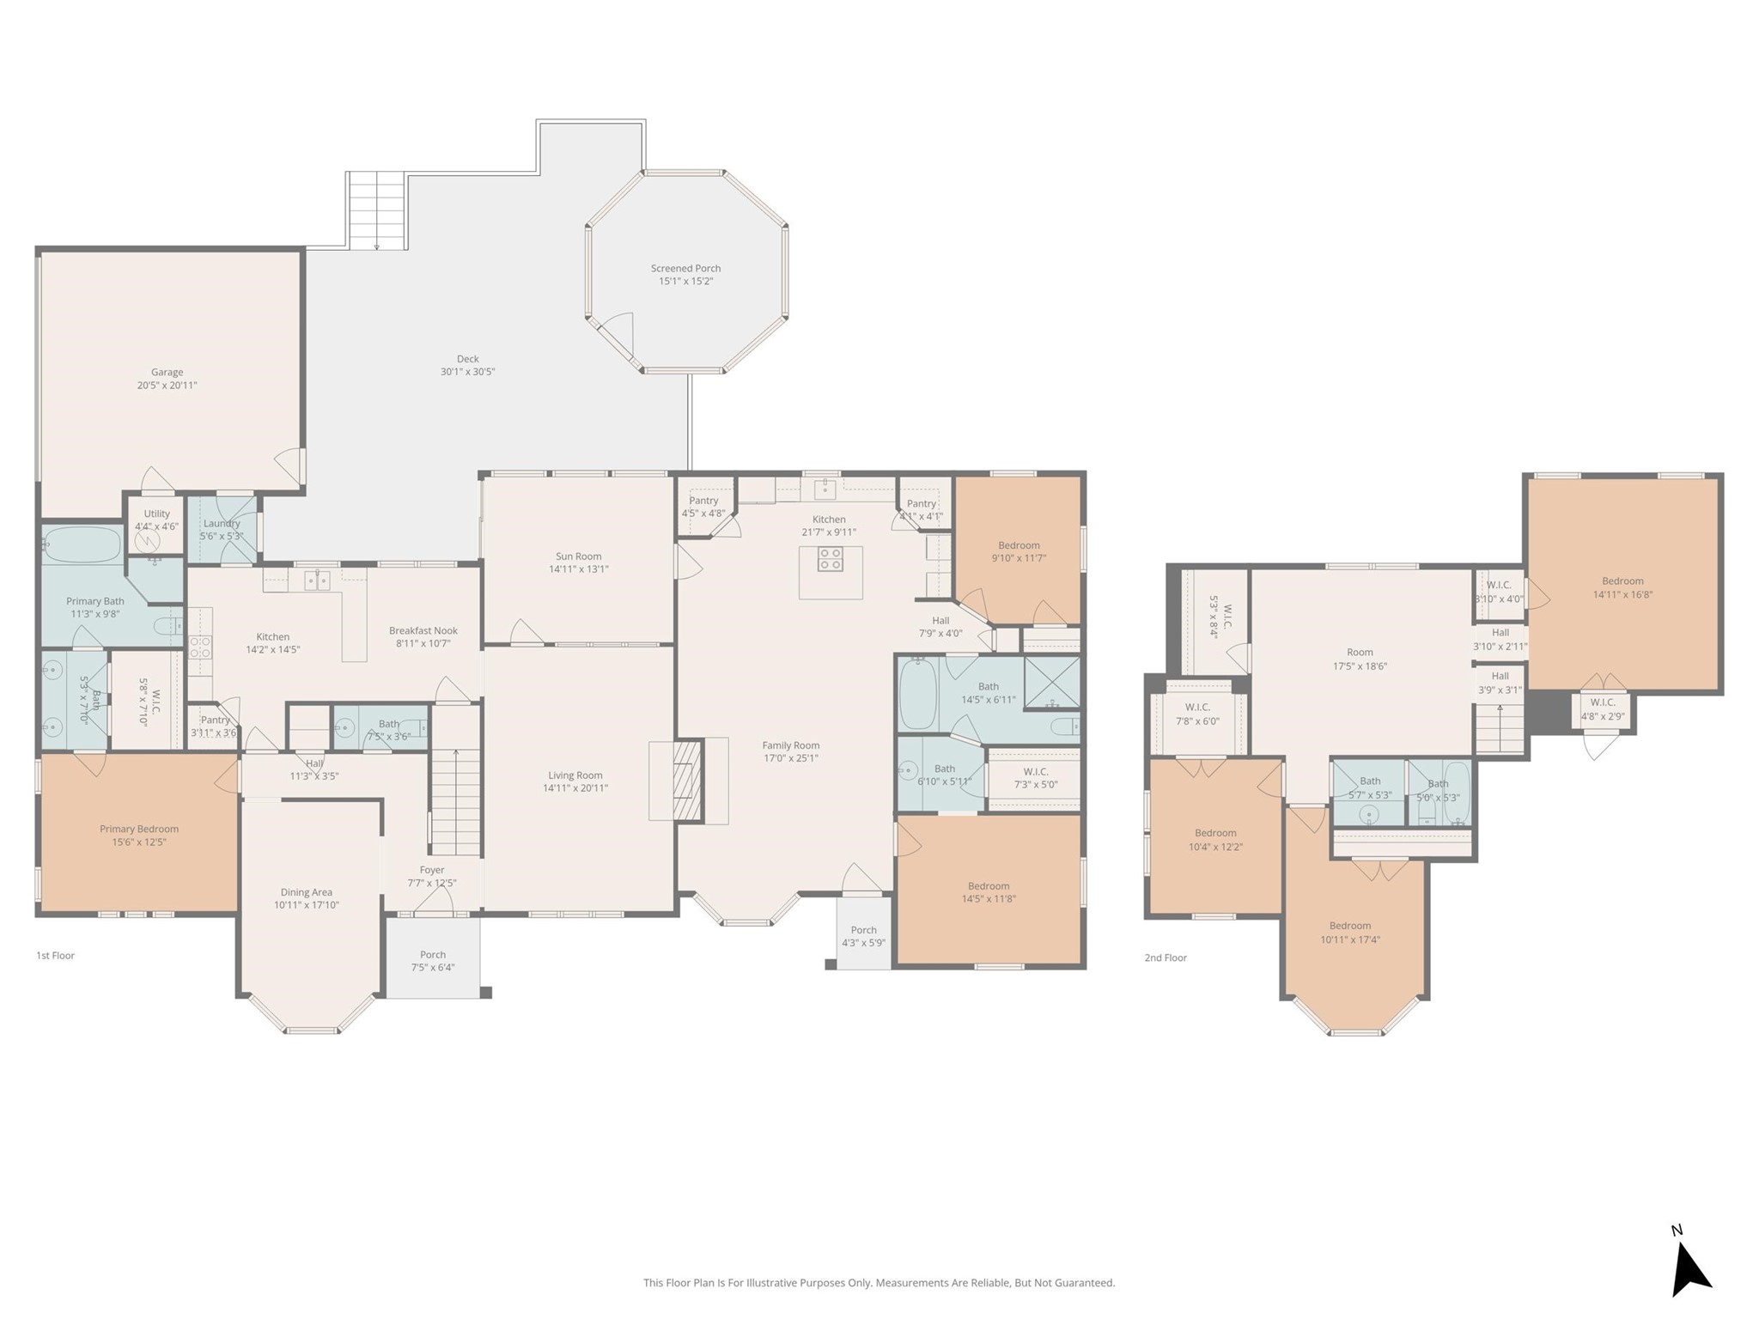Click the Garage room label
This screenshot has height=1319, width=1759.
click(167, 372)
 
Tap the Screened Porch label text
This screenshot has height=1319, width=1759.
click(685, 268)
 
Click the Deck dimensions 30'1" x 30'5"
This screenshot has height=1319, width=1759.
click(467, 372)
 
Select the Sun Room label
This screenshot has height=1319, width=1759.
click(578, 556)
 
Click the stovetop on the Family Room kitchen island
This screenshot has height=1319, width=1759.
click(830, 559)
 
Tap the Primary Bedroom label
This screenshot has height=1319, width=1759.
click(139, 829)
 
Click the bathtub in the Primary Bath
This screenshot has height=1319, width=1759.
click(82, 544)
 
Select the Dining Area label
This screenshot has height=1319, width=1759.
click(306, 892)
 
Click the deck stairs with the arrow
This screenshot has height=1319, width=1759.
click(377, 210)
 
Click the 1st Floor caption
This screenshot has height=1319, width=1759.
click(55, 955)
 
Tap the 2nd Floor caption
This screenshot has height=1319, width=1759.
click(1165, 957)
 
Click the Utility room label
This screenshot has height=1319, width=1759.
click(156, 514)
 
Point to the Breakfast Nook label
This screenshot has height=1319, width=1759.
click(423, 630)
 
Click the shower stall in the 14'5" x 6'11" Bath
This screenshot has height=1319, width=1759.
click(1051, 682)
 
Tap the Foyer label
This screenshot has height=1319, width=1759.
click(432, 870)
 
